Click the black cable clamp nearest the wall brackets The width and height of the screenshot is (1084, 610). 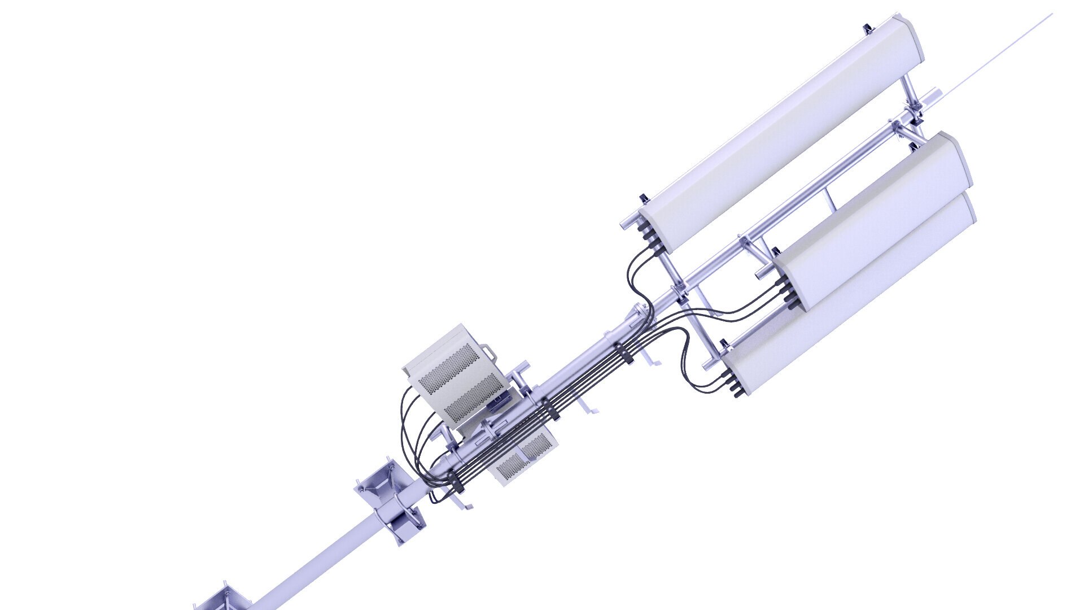[x=455, y=483]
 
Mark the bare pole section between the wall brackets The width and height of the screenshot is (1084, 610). [x=316, y=559]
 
